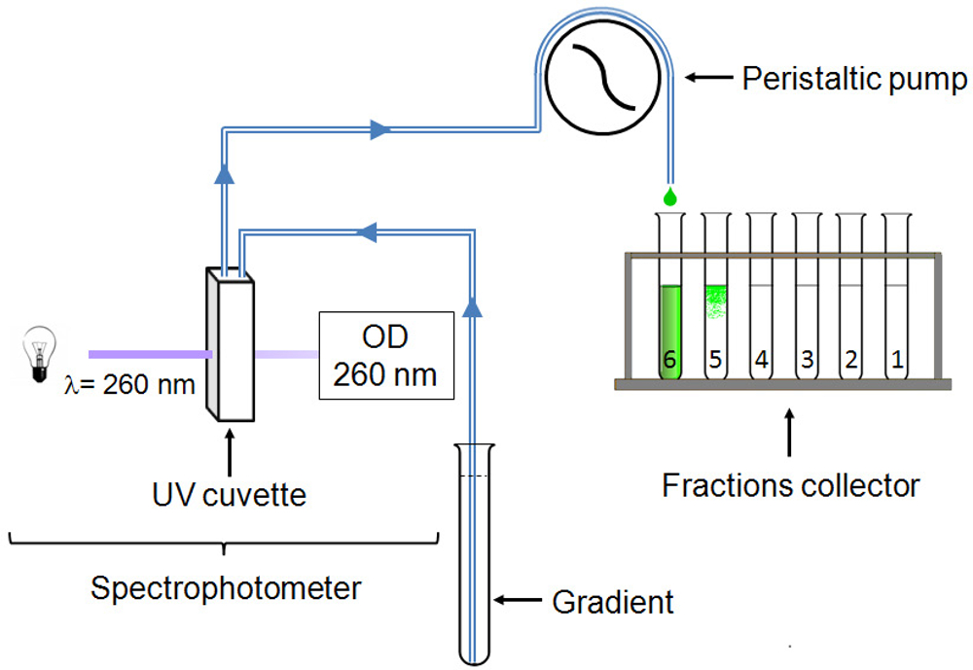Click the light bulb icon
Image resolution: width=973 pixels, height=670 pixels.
(38, 355)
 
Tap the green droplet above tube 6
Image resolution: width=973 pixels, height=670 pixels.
(669, 196)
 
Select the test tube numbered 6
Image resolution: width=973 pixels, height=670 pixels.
(669, 301)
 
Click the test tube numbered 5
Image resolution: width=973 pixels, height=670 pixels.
(715, 301)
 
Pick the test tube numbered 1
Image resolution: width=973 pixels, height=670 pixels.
(897, 301)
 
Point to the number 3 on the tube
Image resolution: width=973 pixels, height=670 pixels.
(806, 359)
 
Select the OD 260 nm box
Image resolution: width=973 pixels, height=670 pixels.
(387, 355)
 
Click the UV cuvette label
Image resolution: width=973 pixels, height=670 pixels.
(229, 495)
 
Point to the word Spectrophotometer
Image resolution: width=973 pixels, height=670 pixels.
(225, 588)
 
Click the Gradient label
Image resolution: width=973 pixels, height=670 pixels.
(613, 602)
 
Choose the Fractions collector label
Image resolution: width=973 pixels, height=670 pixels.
(790, 484)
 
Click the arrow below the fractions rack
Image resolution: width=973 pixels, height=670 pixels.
(789, 434)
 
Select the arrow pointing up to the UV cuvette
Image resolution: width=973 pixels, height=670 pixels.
(229, 449)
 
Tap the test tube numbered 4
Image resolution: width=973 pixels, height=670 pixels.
(761, 301)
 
